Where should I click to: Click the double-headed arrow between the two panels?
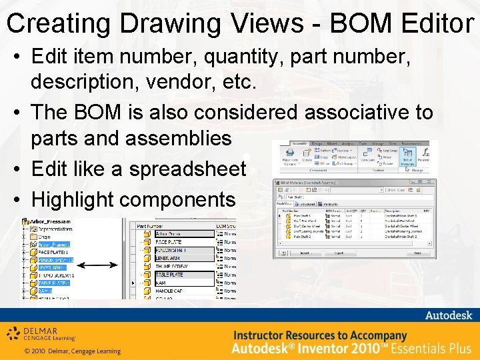click(x=102, y=265)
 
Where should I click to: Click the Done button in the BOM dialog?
click(x=418, y=253)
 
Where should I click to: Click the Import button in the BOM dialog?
click(x=303, y=253)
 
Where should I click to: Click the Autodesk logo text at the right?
click(x=449, y=315)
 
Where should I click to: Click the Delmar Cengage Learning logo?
click(x=41, y=333)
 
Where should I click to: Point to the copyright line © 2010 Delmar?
click(x=72, y=351)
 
